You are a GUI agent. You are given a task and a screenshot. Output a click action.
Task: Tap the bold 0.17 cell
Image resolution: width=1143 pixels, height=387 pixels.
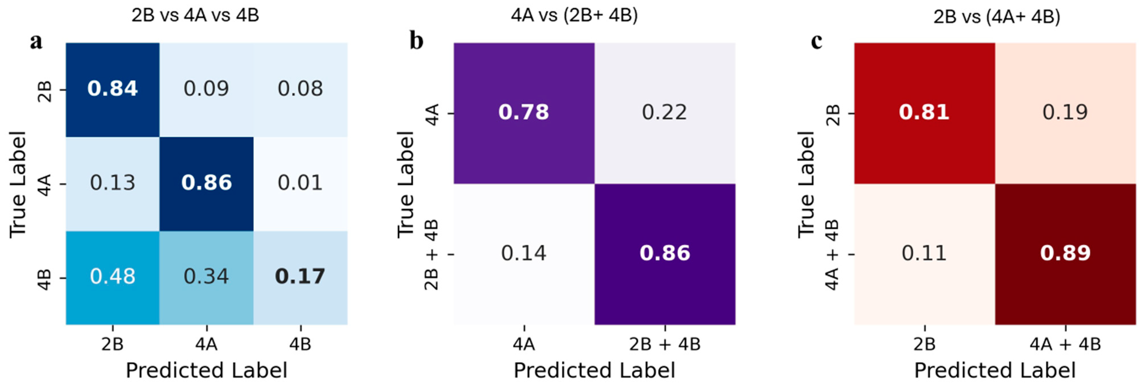coord(300,277)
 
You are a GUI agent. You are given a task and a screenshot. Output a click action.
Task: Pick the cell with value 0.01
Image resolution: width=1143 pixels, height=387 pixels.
coord(300,183)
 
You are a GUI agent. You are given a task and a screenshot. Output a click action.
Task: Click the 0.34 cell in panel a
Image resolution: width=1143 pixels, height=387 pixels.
coord(206,277)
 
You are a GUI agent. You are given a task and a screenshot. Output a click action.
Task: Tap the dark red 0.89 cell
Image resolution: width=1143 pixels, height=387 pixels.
coord(1065,253)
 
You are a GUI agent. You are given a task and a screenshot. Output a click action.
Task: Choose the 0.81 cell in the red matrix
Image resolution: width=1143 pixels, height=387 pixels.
coord(924,112)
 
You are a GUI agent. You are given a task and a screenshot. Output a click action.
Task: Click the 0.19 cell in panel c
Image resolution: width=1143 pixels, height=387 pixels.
coord(1065,112)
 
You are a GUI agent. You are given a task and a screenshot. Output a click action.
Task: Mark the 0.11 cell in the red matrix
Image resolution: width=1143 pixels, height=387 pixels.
coord(924,253)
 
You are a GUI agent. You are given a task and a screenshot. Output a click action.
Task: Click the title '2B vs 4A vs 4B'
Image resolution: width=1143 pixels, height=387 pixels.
coord(195,16)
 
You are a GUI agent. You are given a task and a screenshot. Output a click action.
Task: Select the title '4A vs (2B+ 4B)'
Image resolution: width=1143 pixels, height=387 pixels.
coord(574,16)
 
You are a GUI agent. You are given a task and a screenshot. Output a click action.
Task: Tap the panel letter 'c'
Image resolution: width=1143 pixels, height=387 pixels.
coord(816,41)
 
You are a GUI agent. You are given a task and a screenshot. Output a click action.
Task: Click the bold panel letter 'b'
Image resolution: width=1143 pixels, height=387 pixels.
coord(416,41)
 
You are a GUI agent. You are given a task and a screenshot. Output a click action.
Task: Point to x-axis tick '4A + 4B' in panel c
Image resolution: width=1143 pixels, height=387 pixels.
coord(1065,344)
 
